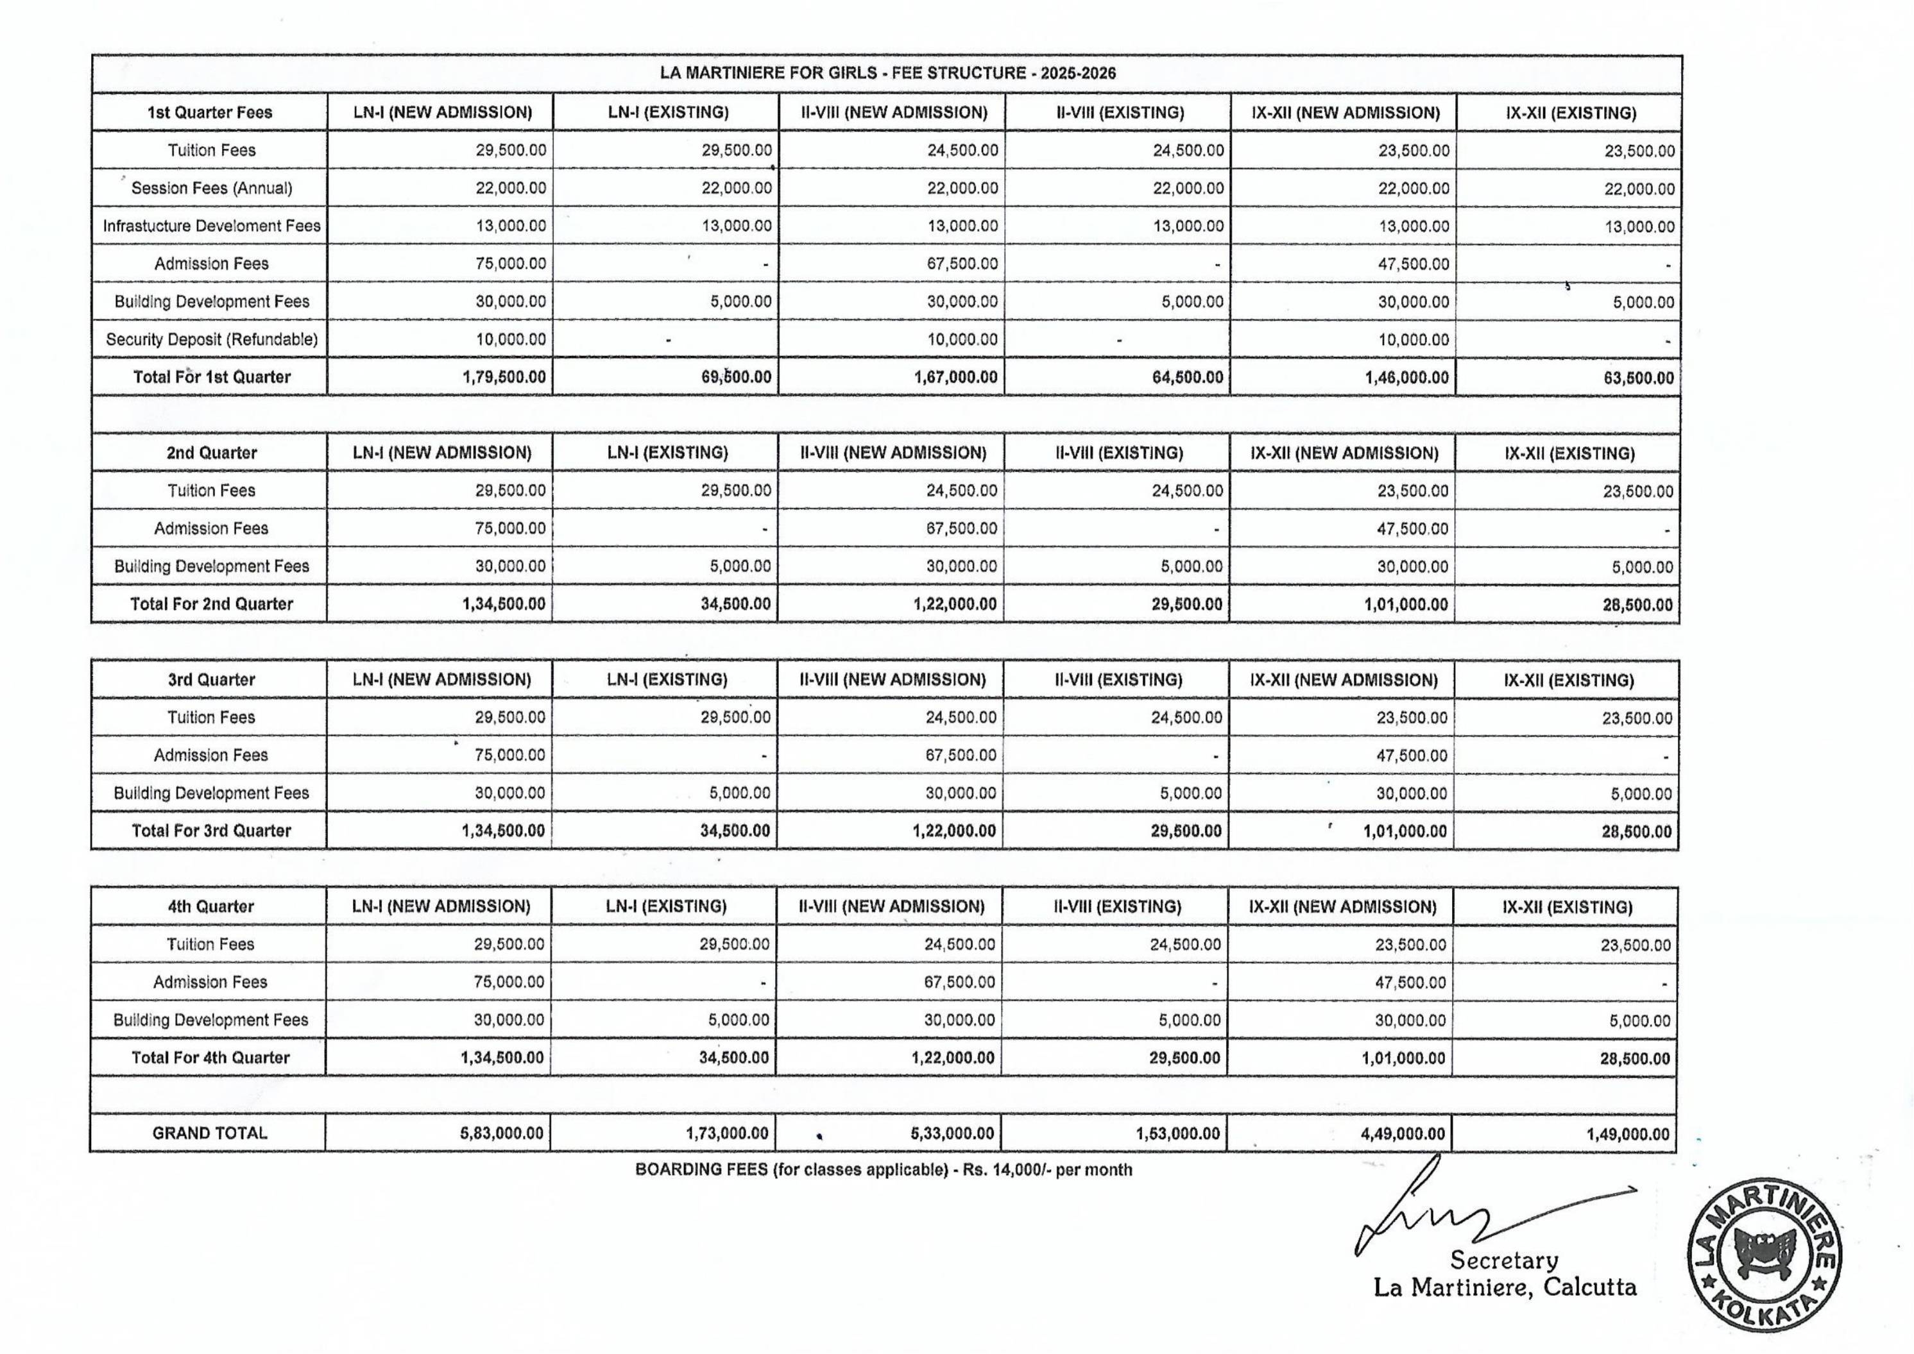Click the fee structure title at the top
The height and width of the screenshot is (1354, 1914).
tap(887, 73)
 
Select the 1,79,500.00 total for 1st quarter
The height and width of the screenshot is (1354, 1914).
tap(504, 377)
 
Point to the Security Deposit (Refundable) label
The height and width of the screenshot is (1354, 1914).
tap(212, 339)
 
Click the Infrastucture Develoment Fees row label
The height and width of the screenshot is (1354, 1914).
tap(212, 226)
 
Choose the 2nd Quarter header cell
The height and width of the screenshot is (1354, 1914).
tap(212, 453)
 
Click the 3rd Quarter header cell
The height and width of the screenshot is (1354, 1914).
tap(212, 679)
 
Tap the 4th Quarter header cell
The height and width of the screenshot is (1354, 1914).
tap(211, 906)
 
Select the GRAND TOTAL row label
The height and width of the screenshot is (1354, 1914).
tap(210, 1133)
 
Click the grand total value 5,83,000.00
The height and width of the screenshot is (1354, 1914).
tap(501, 1134)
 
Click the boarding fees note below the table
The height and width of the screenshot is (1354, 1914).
tap(883, 1170)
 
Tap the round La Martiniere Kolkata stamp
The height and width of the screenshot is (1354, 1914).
tap(1764, 1254)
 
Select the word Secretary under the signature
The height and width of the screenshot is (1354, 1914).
tap(1504, 1260)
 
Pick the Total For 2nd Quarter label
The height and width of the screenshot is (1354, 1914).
tap(212, 604)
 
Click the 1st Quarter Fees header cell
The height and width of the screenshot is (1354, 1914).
tap(210, 112)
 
